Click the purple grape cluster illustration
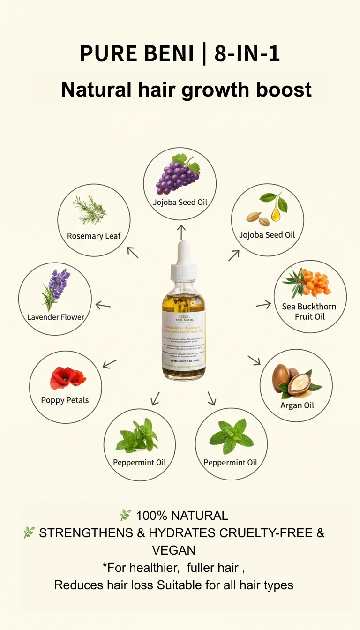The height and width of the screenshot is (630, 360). point(176,175)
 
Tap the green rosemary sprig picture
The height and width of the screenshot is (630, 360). point(90,210)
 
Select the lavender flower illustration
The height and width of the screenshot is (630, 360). point(56,289)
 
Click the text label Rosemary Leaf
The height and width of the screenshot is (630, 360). point(94,236)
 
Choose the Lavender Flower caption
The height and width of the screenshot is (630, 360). point(56,317)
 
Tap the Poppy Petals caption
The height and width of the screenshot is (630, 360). point(65,400)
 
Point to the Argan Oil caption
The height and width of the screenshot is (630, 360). point(297,405)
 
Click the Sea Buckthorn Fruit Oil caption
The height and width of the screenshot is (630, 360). point(309,312)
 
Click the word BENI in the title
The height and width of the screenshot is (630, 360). point(165,54)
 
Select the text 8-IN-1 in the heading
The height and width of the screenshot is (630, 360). point(247,54)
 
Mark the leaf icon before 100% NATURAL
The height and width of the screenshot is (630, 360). point(125,515)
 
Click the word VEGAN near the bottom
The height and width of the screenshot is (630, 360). point(174,550)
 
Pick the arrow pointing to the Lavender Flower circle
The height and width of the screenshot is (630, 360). point(103,306)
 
